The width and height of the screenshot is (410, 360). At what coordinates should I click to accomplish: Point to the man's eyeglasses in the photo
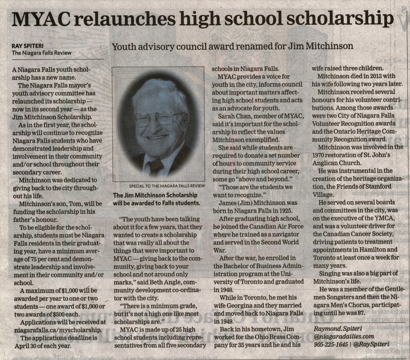pos(154,123)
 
